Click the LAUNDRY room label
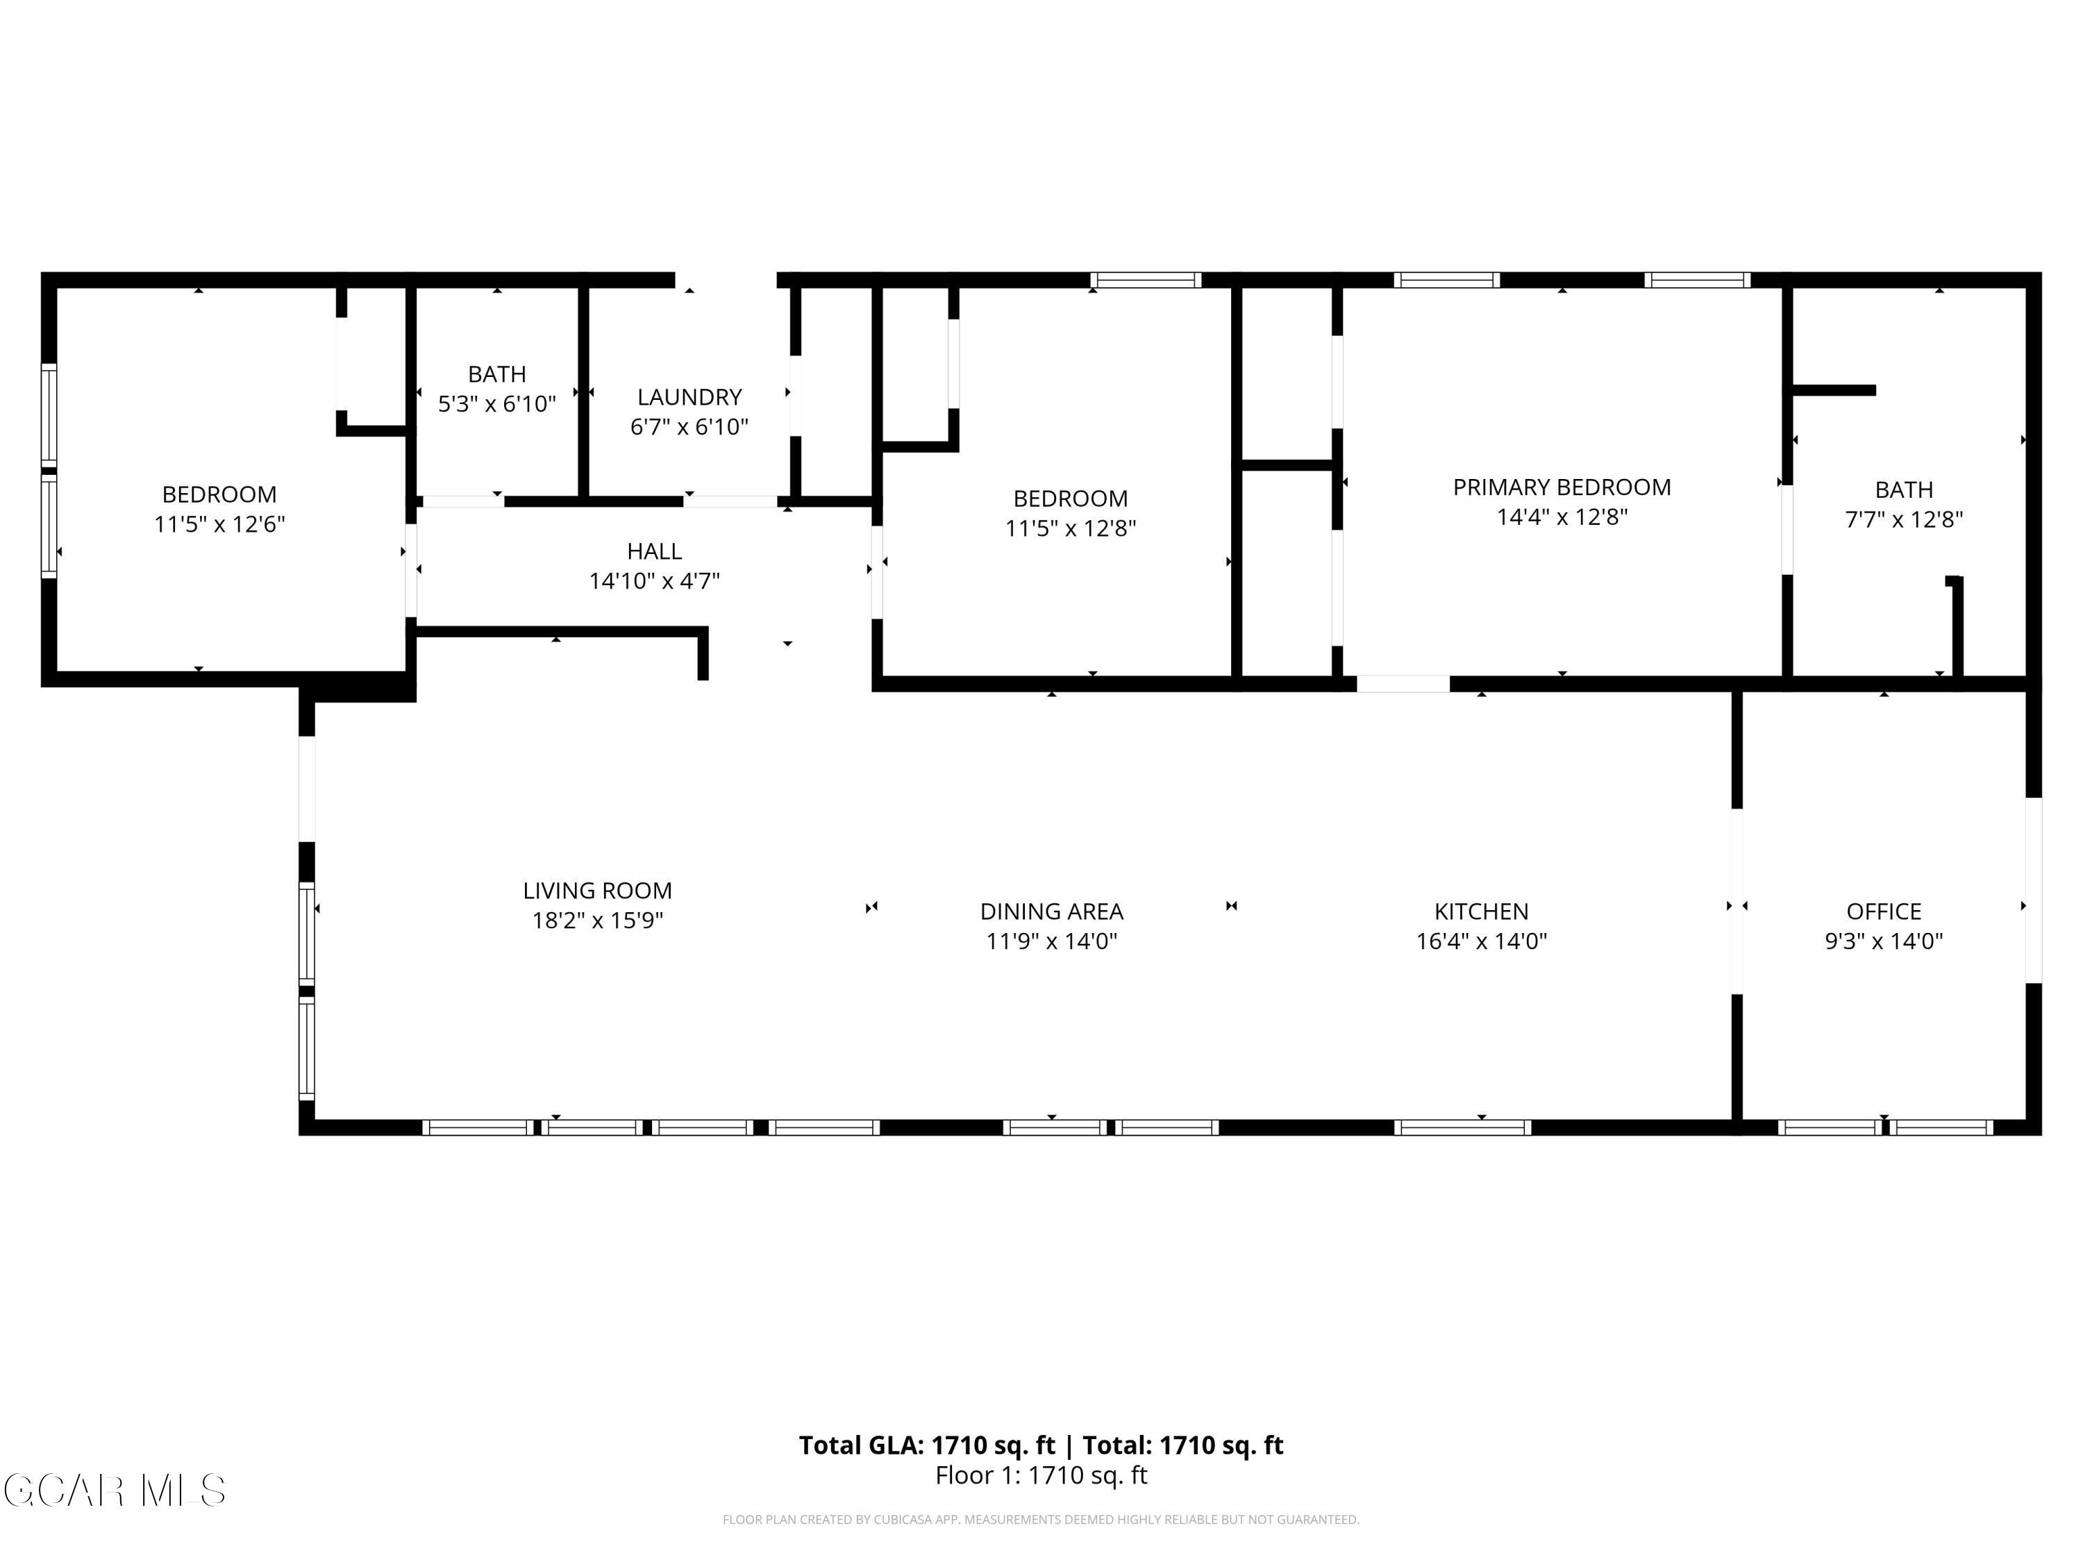(689, 397)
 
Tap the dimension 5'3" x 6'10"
(497, 404)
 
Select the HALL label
(655, 551)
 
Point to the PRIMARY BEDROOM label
(1562, 487)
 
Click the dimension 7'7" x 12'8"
(1903, 519)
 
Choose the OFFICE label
(1883, 912)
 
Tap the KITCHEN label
(1480, 912)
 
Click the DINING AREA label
(1051, 912)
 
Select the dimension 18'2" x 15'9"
(597, 920)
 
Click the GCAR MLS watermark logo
(115, 1490)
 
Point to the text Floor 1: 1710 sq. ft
(1041, 1475)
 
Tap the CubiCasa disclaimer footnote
(1041, 1520)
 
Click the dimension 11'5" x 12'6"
(219, 523)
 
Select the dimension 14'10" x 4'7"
(655, 581)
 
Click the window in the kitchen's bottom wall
(1462, 1127)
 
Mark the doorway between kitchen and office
(1737, 901)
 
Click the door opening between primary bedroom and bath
(1787, 529)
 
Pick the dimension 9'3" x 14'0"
(1883, 941)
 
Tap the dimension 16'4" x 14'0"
(1480, 941)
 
